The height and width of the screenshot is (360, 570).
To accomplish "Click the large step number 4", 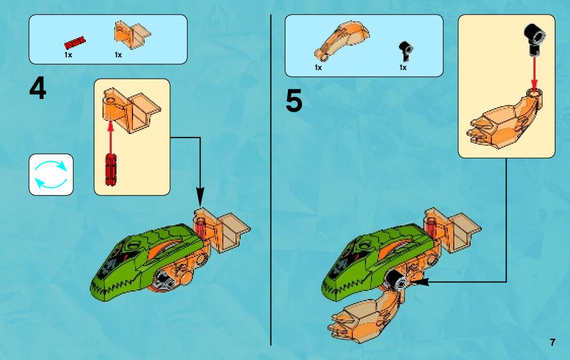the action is [38, 89].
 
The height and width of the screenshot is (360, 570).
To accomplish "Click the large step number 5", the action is [294, 101].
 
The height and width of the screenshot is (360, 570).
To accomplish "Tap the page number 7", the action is [553, 342].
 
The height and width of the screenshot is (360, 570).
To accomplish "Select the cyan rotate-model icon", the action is [51, 175].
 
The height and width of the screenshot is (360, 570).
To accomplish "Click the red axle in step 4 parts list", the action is [75, 42].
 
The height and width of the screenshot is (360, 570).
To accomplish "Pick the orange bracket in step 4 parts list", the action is [132, 35].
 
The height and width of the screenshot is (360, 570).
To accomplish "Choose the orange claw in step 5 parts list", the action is [342, 41].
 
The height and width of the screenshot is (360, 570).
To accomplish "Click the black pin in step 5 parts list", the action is [406, 51].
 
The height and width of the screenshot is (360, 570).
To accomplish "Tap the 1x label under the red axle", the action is [69, 55].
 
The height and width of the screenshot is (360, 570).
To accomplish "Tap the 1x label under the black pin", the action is [403, 68].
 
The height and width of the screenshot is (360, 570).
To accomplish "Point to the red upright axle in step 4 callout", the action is [111, 170].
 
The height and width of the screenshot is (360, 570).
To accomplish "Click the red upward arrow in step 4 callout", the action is [111, 138].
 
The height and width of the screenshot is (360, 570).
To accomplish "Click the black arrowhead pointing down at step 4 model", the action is [200, 197].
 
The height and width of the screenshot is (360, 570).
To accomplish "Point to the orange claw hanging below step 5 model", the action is [363, 316].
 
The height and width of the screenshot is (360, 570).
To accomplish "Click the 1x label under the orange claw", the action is [318, 68].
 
